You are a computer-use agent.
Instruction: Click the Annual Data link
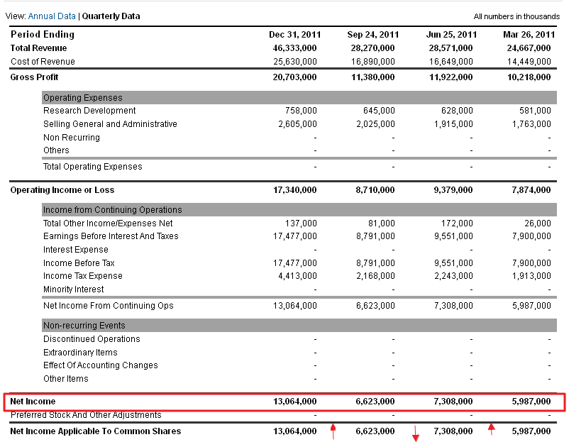(51, 16)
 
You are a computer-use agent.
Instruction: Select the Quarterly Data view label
(111, 16)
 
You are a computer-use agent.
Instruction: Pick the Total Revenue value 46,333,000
(294, 48)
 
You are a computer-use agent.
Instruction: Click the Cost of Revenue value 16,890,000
(372, 61)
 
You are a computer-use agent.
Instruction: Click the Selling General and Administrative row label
(110, 124)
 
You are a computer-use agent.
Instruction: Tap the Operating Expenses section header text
(82, 98)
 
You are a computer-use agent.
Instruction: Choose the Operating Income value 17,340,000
(294, 190)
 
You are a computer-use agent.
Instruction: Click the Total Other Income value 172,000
(457, 223)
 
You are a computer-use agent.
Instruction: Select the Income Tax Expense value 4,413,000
(297, 276)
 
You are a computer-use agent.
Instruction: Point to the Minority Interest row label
(73, 289)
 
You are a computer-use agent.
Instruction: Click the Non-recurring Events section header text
(84, 326)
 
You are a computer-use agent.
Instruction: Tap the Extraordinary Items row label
(80, 353)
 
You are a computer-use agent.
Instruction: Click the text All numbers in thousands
(516, 16)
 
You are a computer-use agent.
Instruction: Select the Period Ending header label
(42, 34)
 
